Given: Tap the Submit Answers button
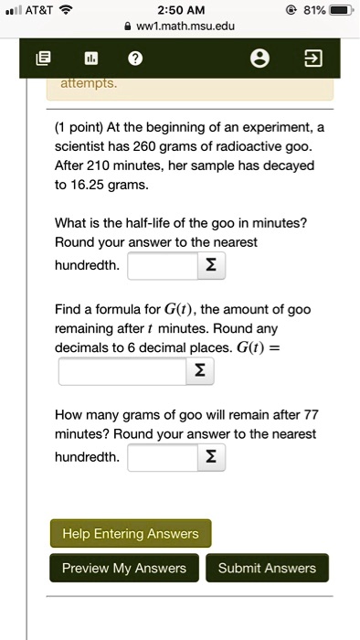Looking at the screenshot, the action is (267, 568).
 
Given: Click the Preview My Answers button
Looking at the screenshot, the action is (124, 568).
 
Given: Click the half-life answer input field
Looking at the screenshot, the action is (162, 265).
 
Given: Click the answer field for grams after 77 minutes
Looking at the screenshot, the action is (162, 456).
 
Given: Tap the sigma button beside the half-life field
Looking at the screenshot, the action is (211, 265).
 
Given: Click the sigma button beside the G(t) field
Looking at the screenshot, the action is (198, 371).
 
